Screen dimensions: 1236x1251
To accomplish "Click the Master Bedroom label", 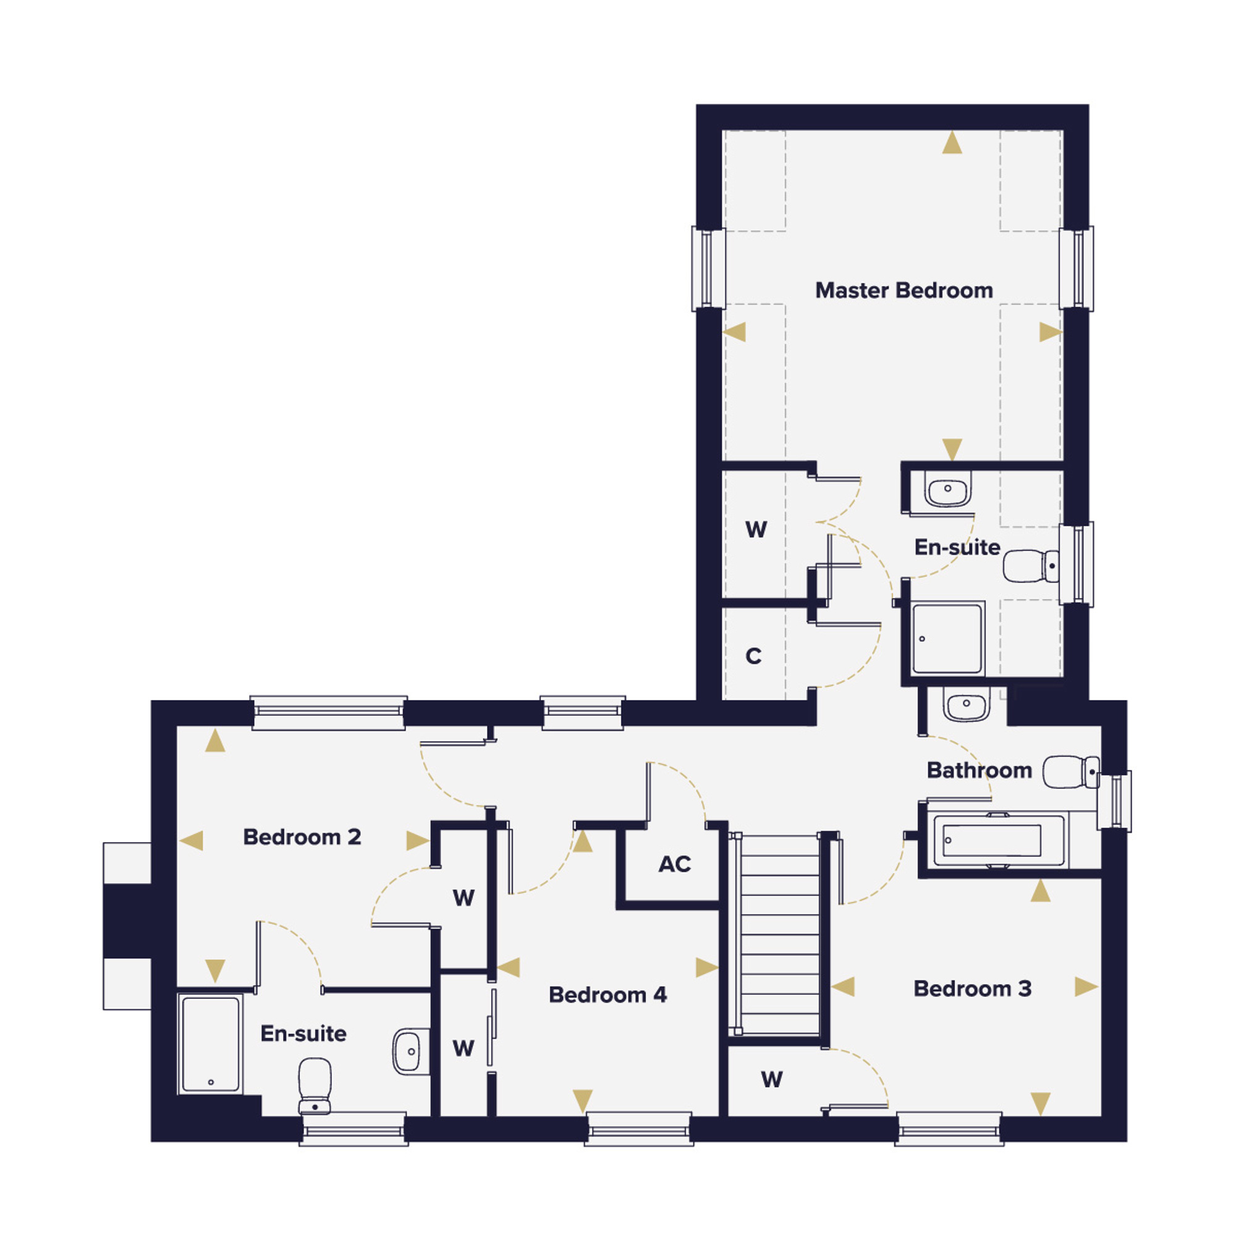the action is pyautogui.click(x=904, y=290).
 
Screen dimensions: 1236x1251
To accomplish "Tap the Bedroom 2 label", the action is pyautogui.click(x=302, y=836).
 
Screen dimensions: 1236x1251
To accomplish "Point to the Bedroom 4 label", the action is pyautogui.click(x=607, y=995).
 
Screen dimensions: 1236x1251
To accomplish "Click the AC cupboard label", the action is pyautogui.click(x=674, y=864).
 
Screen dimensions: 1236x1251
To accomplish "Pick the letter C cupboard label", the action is pyautogui.click(x=753, y=656).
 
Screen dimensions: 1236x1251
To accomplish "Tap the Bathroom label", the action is pyautogui.click(x=980, y=770).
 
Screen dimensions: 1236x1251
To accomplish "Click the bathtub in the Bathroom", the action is pyautogui.click(x=996, y=840).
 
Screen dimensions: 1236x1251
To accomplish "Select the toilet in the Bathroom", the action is pyautogui.click(x=1071, y=772).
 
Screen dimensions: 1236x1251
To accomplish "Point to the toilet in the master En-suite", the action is pyautogui.click(x=1031, y=566).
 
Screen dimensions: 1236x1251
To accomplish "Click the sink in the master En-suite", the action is pyautogui.click(x=948, y=489).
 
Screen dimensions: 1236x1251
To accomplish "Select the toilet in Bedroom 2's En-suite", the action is pyautogui.click(x=315, y=1086).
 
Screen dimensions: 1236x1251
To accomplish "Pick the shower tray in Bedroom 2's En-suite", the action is pyautogui.click(x=211, y=1044).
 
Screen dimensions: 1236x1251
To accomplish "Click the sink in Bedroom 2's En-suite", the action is pyautogui.click(x=411, y=1051).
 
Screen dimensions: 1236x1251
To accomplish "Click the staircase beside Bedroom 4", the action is pyautogui.click(x=780, y=934).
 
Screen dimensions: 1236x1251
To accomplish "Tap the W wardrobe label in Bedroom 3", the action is pyautogui.click(x=771, y=1079).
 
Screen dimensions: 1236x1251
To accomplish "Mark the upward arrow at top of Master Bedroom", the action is pyautogui.click(x=952, y=143).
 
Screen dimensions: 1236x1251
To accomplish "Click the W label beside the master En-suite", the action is pyautogui.click(x=756, y=529).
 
